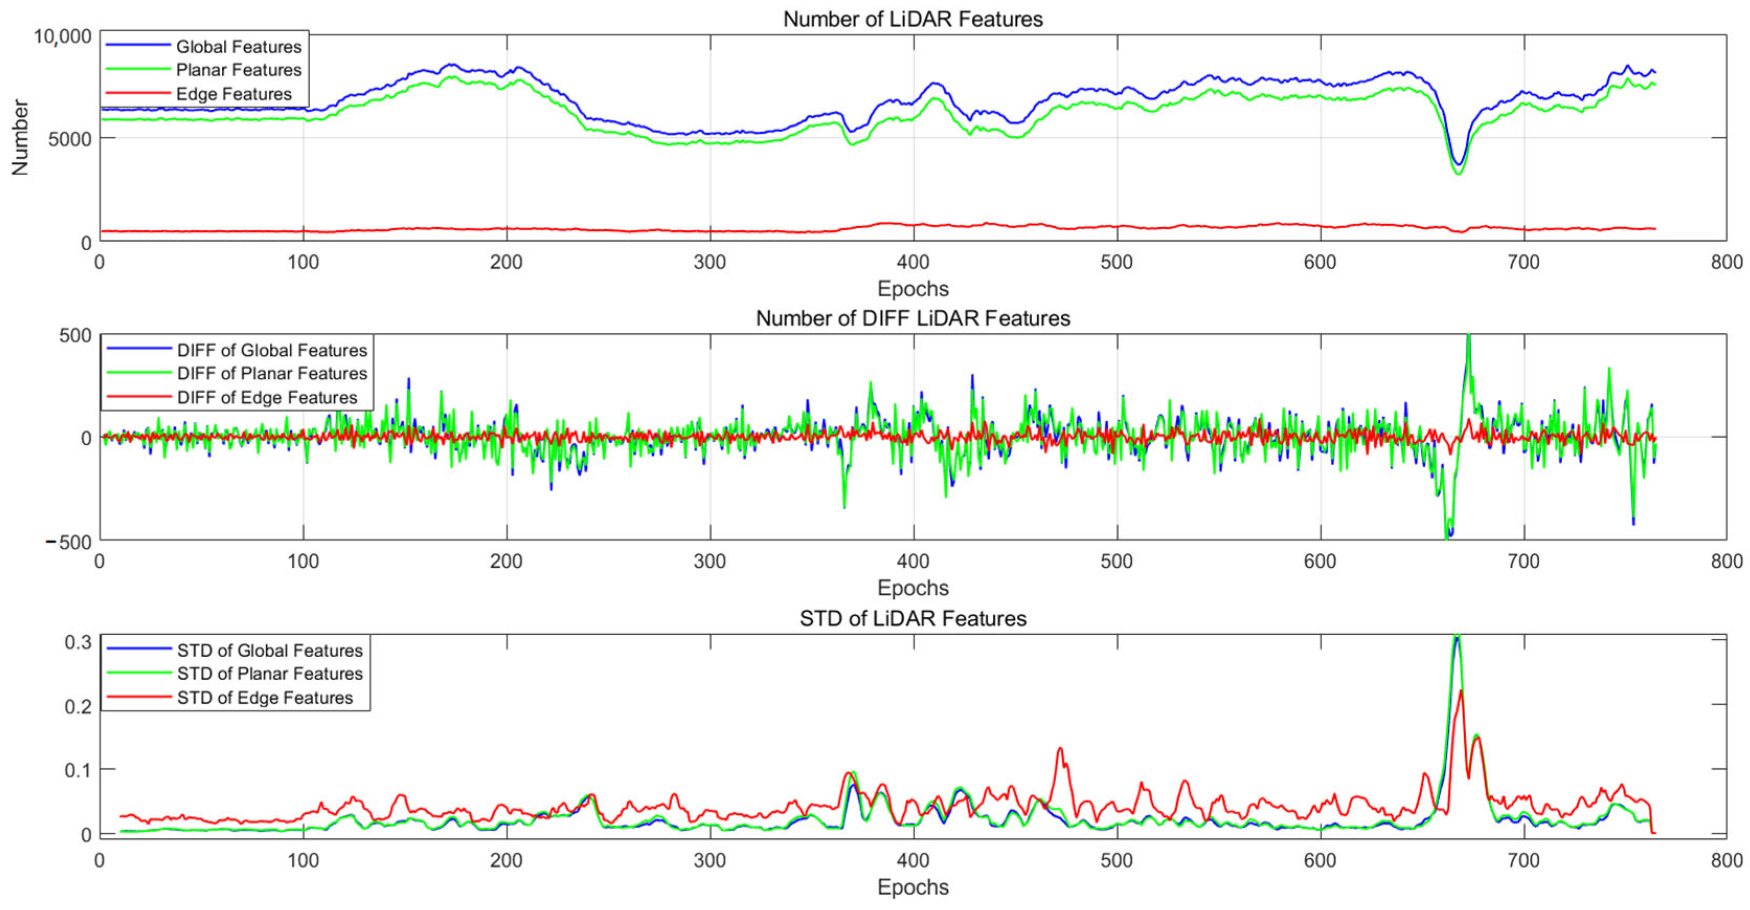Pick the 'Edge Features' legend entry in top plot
233,94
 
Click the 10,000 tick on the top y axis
63,37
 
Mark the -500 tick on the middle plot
68,542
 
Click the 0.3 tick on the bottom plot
77,642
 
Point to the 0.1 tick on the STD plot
77,770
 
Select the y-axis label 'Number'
20,137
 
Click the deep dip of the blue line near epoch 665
1458,163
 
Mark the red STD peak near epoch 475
1060,749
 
